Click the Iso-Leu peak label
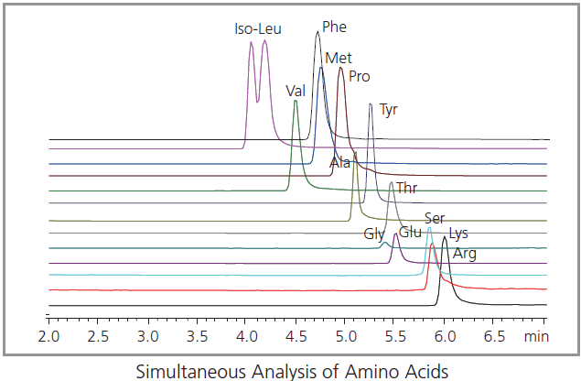pyautogui.click(x=257, y=28)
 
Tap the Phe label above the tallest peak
pyautogui.click(x=334, y=27)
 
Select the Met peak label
pyautogui.click(x=338, y=59)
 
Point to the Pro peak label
pyautogui.click(x=359, y=76)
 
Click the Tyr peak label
pyautogui.click(x=389, y=110)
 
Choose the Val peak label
pyautogui.click(x=295, y=91)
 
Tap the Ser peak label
pyautogui.click(x=435, y=219)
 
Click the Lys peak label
pyautogui.click(x=459, y=234)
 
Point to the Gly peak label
pyautogui.click(x=373, y=234)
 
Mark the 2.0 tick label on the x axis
pyautogui.click(x=48, y=336)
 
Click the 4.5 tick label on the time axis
pyautogui.click(x=296, y=336)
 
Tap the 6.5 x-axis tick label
pyautogui.click(x=494, y=336)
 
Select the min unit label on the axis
pyautogui.click(x=536, y=336)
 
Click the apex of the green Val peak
pyautogui.click(x=295, y=101)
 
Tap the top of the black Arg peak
pyautogui.click(x=445, y=237)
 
